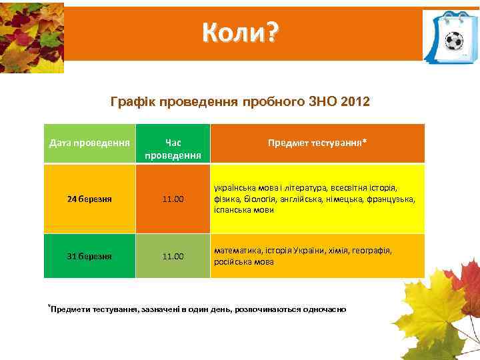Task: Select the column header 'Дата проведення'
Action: [x=90, y=143]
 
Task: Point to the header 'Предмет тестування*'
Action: [x=317, y=143]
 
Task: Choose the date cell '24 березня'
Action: [x=90, y=199]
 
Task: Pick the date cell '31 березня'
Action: [x=90, y=255]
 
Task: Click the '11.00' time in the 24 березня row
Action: [x=173, y=199]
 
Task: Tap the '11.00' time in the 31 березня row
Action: [x=173, y=255]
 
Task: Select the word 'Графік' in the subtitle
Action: [x=128, y=103]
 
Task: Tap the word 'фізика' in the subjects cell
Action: [x=227, y=199]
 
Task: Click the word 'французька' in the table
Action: [x=392, y=199]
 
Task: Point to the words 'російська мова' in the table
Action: [x=243, y=262]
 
